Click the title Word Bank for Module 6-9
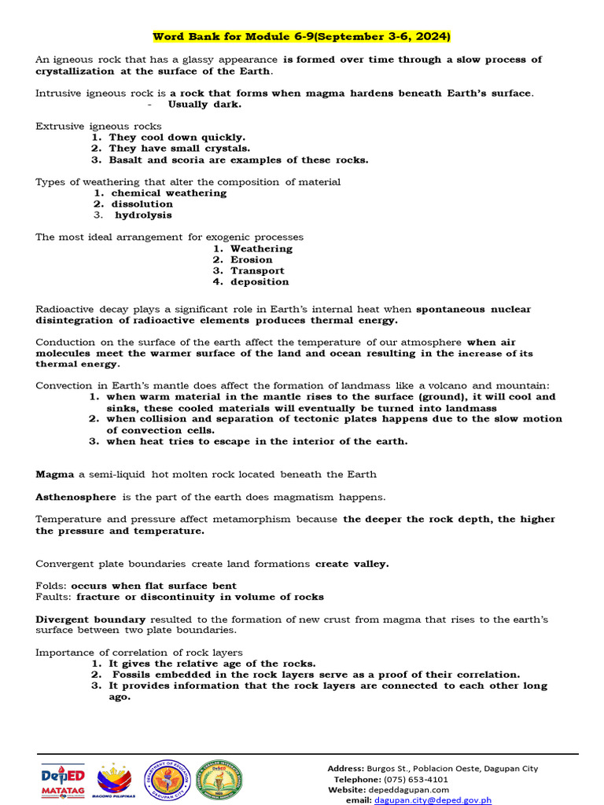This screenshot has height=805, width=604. pyautogui.click(x=301, y=37)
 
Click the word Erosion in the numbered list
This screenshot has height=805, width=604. pyautogui.click(x=251, y=259)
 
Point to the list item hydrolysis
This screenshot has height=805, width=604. pyautogui.click(x=143, y=215)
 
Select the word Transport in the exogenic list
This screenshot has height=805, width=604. pyautogui.click(x=257, y=270)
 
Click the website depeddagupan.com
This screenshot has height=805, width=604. pyautogui.click(x=410, y=789)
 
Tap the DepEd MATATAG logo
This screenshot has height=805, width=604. pyautogui.click(x=62, y=781)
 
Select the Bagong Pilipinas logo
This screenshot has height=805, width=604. pyautogui.click(x=117, y=781)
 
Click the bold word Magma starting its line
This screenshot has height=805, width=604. pyautogui.click(x=55, y=474)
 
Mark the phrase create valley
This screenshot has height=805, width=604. pyautogui.click(x=352, y=564)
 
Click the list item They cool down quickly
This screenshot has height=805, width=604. pyautogui.click(x=177, y=137)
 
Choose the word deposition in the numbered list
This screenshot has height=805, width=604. pyautogui.click(x=260, y=281)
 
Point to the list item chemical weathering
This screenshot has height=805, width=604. pyautogui.click(x=168, y=193)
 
